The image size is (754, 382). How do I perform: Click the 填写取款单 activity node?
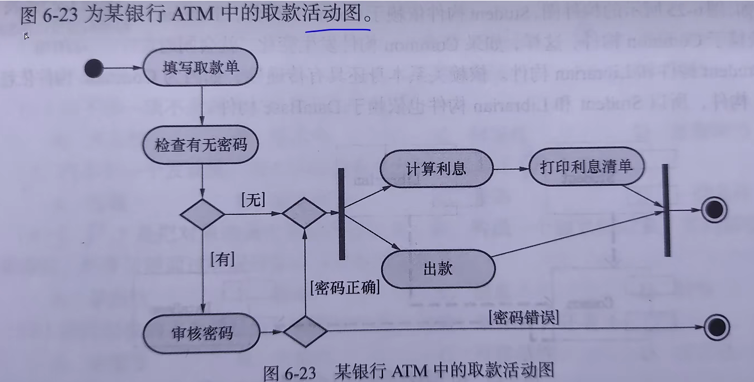201,68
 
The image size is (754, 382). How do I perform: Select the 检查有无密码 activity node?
201,145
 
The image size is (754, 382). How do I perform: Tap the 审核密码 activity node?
202,334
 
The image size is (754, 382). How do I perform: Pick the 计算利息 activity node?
436,168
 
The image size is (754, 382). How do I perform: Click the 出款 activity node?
438,269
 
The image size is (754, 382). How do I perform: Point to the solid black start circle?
94,68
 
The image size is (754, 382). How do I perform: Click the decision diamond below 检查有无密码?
202,214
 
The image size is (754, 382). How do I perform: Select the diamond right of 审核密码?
305,331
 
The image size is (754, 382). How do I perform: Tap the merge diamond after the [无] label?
304,213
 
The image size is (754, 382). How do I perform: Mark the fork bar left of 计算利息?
341,214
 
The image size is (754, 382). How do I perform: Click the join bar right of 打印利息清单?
666,210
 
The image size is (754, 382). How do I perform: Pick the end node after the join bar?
714,210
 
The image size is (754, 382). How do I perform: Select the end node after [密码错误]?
716,327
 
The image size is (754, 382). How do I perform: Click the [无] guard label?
253,200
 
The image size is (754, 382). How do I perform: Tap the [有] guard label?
222,259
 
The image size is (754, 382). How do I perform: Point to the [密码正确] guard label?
345,287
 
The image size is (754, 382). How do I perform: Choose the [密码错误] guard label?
523,317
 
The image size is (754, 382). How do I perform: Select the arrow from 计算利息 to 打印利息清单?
511,168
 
